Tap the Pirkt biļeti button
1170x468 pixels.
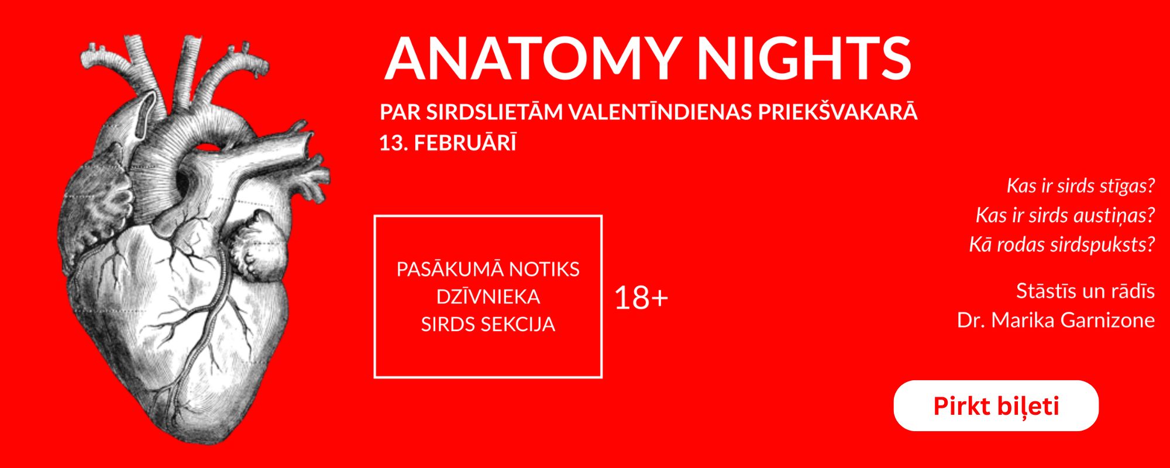pyautogui.click(x=996, y=405)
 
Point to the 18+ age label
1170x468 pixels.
pyautogui.click(x=641, y=298)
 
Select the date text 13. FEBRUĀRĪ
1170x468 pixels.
pyautogui.click(x=448, y=143)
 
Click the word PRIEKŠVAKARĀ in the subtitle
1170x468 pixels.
pyautogui.click(x=838, y=112)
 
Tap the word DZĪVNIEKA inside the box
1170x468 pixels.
pyautogui.click(x=488, y=297)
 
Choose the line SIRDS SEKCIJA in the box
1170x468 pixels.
pyautogui.click(x=488, y=324)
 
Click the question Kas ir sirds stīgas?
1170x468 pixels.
pyautogui.click(x=1080, y=186)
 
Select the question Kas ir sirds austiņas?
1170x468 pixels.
pyautogui.click(x=1065, y=215)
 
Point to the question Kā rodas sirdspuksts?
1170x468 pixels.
pyautogui.click(x=1062, y=245)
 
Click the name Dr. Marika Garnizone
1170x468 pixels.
pyautogui.click(x=1056, y=320)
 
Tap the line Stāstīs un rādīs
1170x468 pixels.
pyautogui.click(x=1086, y=291)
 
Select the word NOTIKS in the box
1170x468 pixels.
pyautogui.click(x=544, y=269)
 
